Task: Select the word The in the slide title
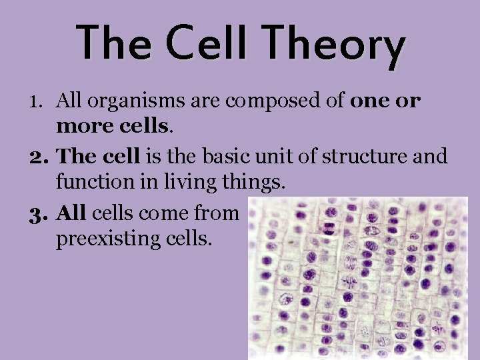pos(115,42)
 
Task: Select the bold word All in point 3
pos(71,213)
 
